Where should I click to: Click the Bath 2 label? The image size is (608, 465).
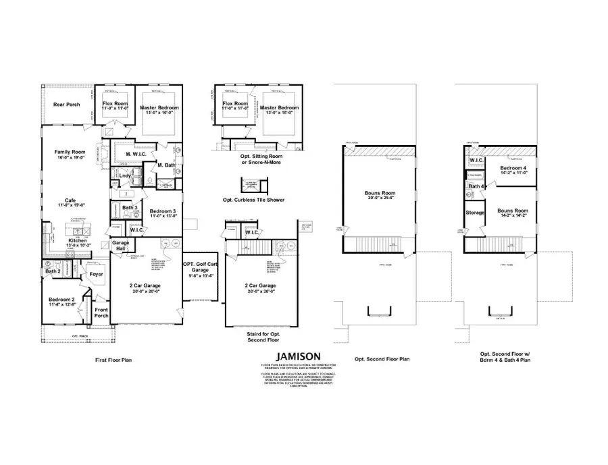coord(53,271)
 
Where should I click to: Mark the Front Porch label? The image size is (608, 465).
coord(102,312)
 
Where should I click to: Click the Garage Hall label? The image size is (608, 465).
coord(121,246)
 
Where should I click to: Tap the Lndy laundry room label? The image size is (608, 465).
coord(125,176)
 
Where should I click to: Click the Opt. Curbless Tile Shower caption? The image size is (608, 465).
coord(253,200)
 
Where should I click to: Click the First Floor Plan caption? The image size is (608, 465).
coord(113,360)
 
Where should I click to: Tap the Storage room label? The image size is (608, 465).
coord(475,213)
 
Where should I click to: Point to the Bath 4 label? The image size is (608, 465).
coord(476,186)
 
